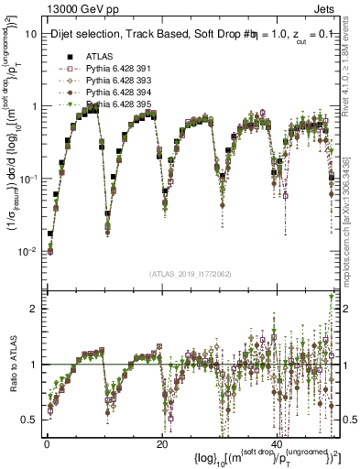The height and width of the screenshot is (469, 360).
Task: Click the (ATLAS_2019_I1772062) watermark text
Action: (x=191, y=272)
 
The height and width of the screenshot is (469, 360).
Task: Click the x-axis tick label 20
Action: (x=163, y=443)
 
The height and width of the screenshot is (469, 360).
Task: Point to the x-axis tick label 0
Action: (x=47, y=443)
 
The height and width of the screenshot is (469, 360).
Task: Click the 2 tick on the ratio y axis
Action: (x=35, y=308)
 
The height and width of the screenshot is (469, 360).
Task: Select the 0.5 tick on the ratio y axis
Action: (x=31, y=420)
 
